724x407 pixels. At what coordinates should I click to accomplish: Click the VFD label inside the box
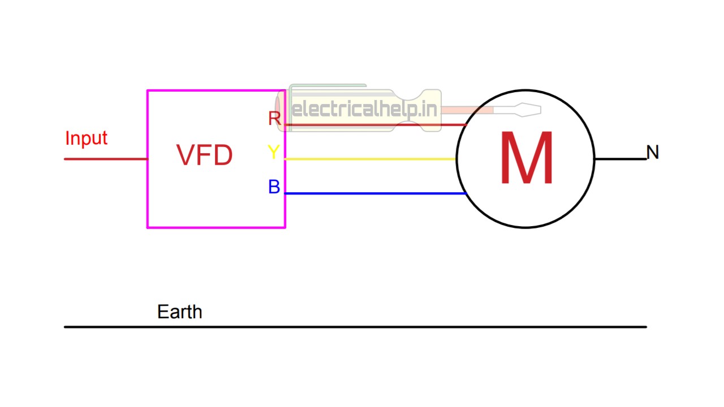204,155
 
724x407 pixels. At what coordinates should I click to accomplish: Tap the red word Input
86,138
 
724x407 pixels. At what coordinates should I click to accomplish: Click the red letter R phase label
274,119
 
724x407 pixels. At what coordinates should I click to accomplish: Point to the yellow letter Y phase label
273,152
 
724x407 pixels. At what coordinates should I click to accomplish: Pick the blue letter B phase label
274,187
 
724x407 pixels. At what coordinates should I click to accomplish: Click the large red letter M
526,159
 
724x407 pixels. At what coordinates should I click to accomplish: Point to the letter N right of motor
653,152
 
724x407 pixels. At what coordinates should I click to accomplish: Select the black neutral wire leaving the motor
620,159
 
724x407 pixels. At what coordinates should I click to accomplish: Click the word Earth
179,312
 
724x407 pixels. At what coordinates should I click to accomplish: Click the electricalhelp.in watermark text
365,109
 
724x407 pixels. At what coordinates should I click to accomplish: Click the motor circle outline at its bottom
525,228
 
